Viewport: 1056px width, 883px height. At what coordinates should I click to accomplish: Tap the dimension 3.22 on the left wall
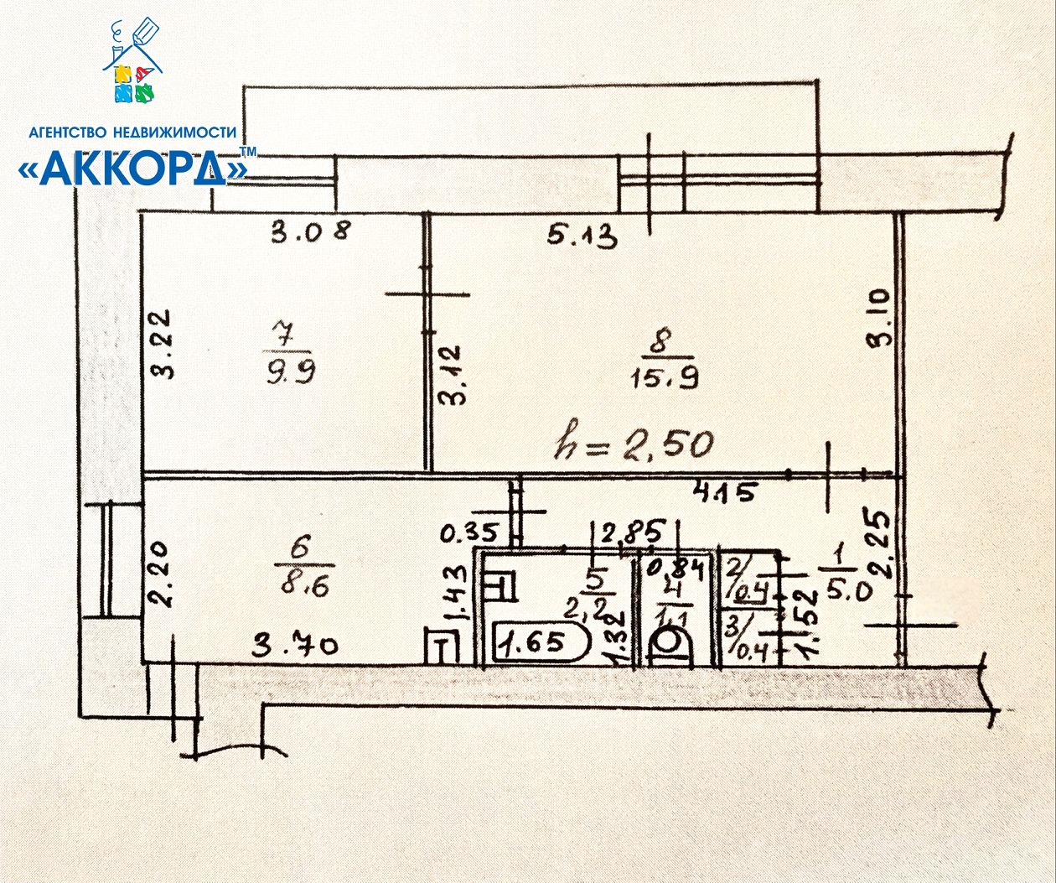[163, 345]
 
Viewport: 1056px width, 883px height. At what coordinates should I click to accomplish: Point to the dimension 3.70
[296, 647]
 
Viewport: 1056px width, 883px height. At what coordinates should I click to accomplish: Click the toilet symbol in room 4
[669, 647]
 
